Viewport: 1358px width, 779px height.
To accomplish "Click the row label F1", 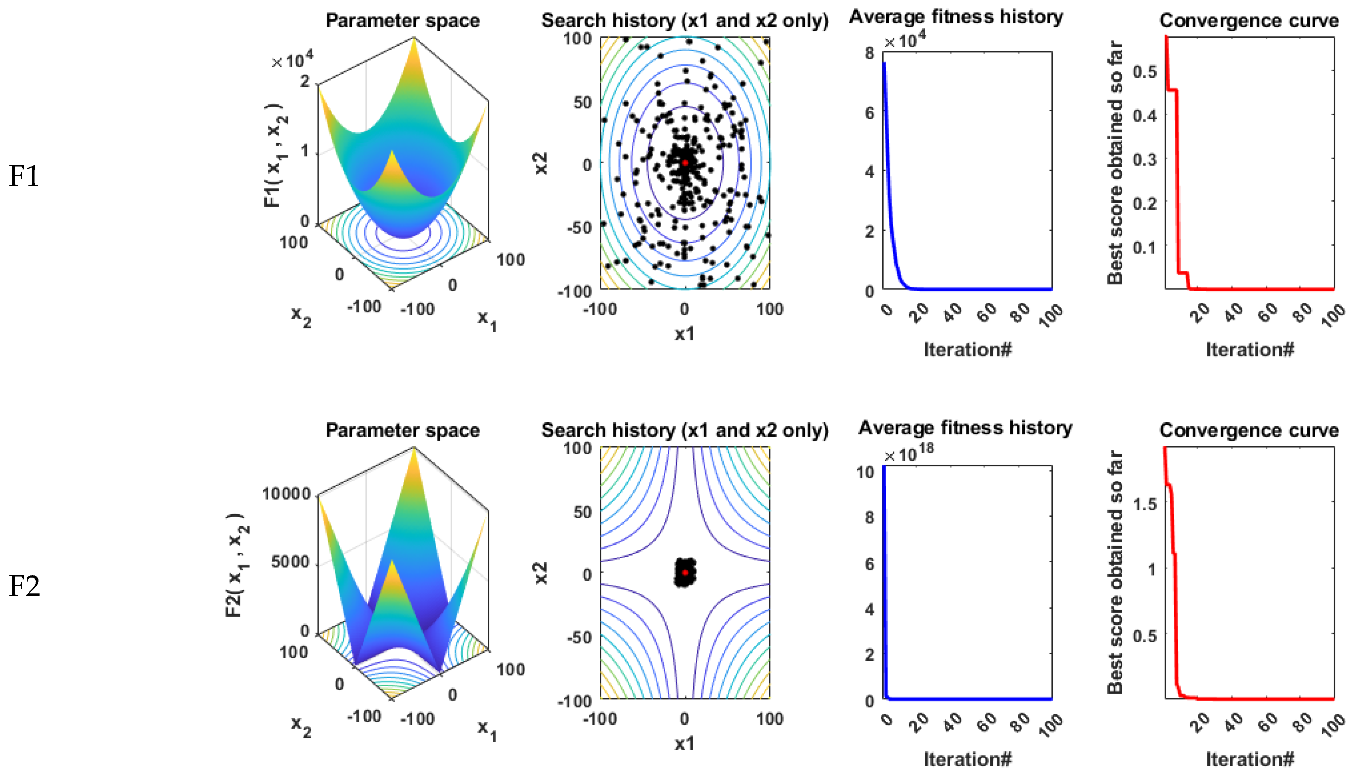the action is click(x=24, y=177).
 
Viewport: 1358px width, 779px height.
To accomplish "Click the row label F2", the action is click(x=24, y=586).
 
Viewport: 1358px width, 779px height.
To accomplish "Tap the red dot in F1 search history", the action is click(x=685, y=163).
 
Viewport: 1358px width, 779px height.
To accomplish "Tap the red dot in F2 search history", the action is click(x=685, y=573).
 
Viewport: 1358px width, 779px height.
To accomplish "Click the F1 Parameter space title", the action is click(x=402, y=21).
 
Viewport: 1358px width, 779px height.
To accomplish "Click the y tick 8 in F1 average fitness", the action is click(x=869, y=53).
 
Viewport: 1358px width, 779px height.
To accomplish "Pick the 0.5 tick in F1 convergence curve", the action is click(x=1144, y=72).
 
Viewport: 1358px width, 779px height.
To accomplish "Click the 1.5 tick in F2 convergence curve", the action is click(x=1144, y=504).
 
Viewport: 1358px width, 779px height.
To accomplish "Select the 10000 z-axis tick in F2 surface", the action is click(x=286, y=494).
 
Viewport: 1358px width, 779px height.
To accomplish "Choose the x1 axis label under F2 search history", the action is click(x=685, y=744).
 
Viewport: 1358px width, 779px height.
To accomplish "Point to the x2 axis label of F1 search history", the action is click(x=541, y=163).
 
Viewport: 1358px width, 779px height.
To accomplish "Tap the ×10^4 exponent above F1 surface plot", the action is click(x=293, y=61).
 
